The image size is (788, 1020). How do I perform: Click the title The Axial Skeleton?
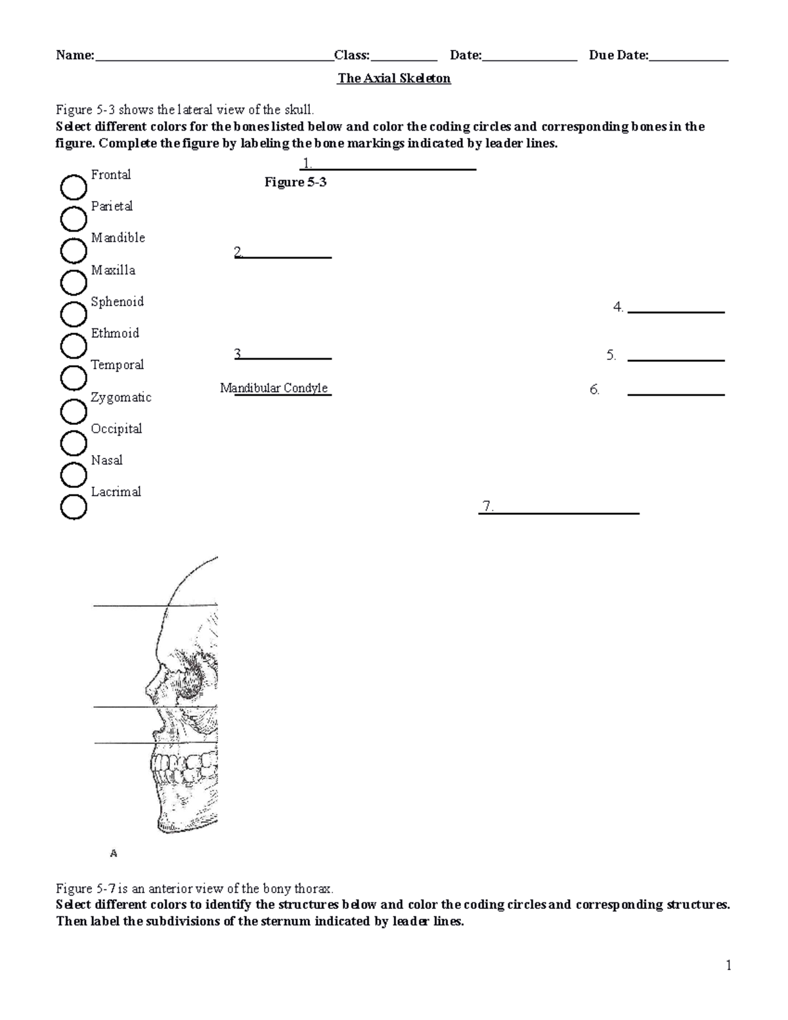393,79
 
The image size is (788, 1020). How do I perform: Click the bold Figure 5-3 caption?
295,183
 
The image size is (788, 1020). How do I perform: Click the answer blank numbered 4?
676,311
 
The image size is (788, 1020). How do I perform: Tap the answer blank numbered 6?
676,393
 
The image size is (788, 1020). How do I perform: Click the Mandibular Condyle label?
274,388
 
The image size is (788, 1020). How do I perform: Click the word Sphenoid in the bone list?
117,302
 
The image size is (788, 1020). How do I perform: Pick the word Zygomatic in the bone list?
121,397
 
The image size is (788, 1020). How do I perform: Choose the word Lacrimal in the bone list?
116,492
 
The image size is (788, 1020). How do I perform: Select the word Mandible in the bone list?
118,238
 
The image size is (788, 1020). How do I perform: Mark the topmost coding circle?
74,188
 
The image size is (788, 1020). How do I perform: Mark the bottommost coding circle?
74,507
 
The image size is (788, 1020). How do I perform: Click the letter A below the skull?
114,854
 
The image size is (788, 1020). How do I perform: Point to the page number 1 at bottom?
728,965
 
